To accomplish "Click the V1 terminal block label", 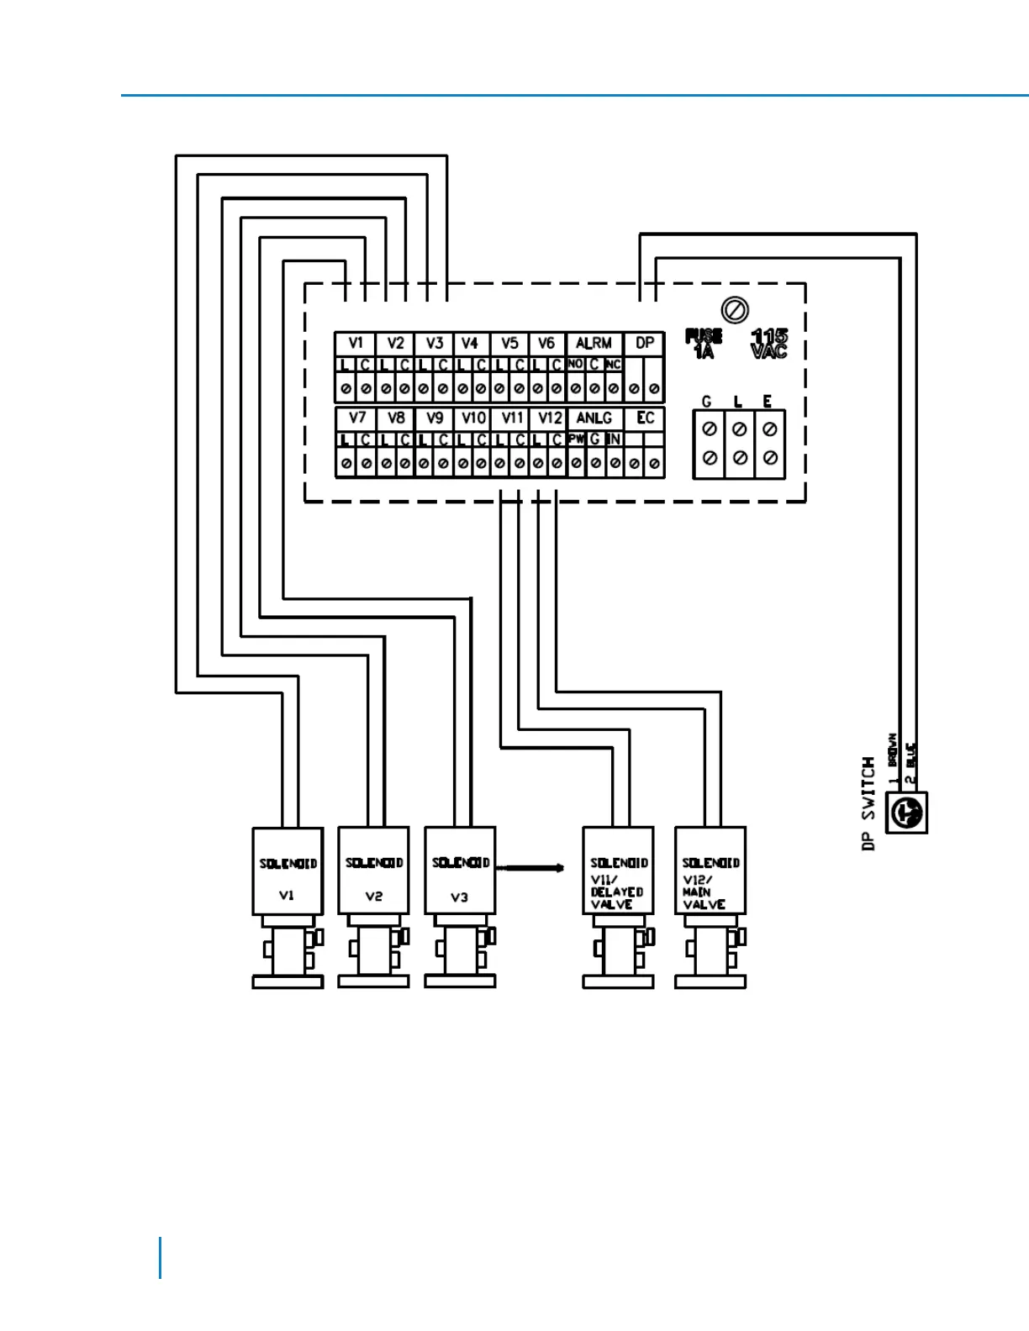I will (356, 343).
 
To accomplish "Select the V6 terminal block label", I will (546, 343).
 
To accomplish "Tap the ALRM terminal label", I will (594, 343).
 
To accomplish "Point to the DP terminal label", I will (645, 343).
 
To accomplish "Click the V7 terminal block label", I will (356, 418).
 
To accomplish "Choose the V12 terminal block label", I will (550, 418).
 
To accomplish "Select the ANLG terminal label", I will (594, 418).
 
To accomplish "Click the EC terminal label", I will (645, 418).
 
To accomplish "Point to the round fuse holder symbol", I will (736, 310).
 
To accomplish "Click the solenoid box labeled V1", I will (288, 871).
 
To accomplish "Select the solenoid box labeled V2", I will (373, 871).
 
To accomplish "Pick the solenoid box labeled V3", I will (460, 871).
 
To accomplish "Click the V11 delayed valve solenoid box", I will (618, 871).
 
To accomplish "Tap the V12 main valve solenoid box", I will (710, 871).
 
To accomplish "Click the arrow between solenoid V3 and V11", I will (530, 867).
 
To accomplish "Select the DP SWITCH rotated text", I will (868, 803).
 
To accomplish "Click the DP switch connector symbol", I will (907, 813).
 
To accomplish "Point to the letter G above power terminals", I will (706, 402).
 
